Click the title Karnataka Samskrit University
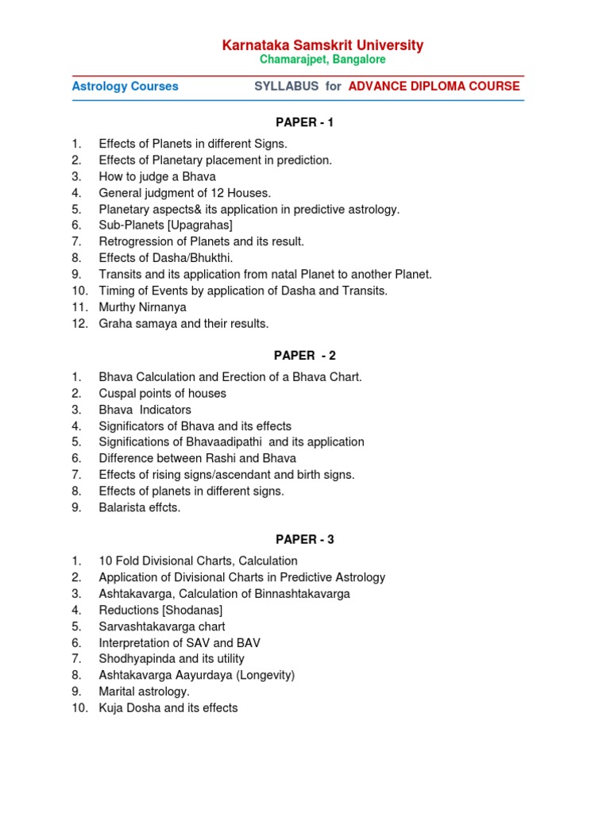(x=322, y=45)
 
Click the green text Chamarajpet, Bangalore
(x=322, y=60)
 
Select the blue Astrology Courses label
(x=125, y=87)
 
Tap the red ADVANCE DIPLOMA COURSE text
(x=434, y=87)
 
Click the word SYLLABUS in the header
(x=287, y=87)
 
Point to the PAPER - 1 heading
(x=305, y=122)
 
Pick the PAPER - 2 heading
(x=305, y=356)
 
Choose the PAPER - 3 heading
(x=305, y=540)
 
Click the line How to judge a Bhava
(x=157, y=176)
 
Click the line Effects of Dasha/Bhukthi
(x=166, y=258)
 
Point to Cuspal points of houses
(x=162, y=393)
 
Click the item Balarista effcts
(x=140, y=507)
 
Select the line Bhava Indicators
(x=145, y=410)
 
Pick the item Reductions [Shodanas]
(x=160, y=610)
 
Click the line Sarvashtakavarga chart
(x=162, y=626)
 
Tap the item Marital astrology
(x=145, y=692)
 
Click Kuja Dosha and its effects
(x=168, y=707)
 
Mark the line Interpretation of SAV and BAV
(x=180, y=642)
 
